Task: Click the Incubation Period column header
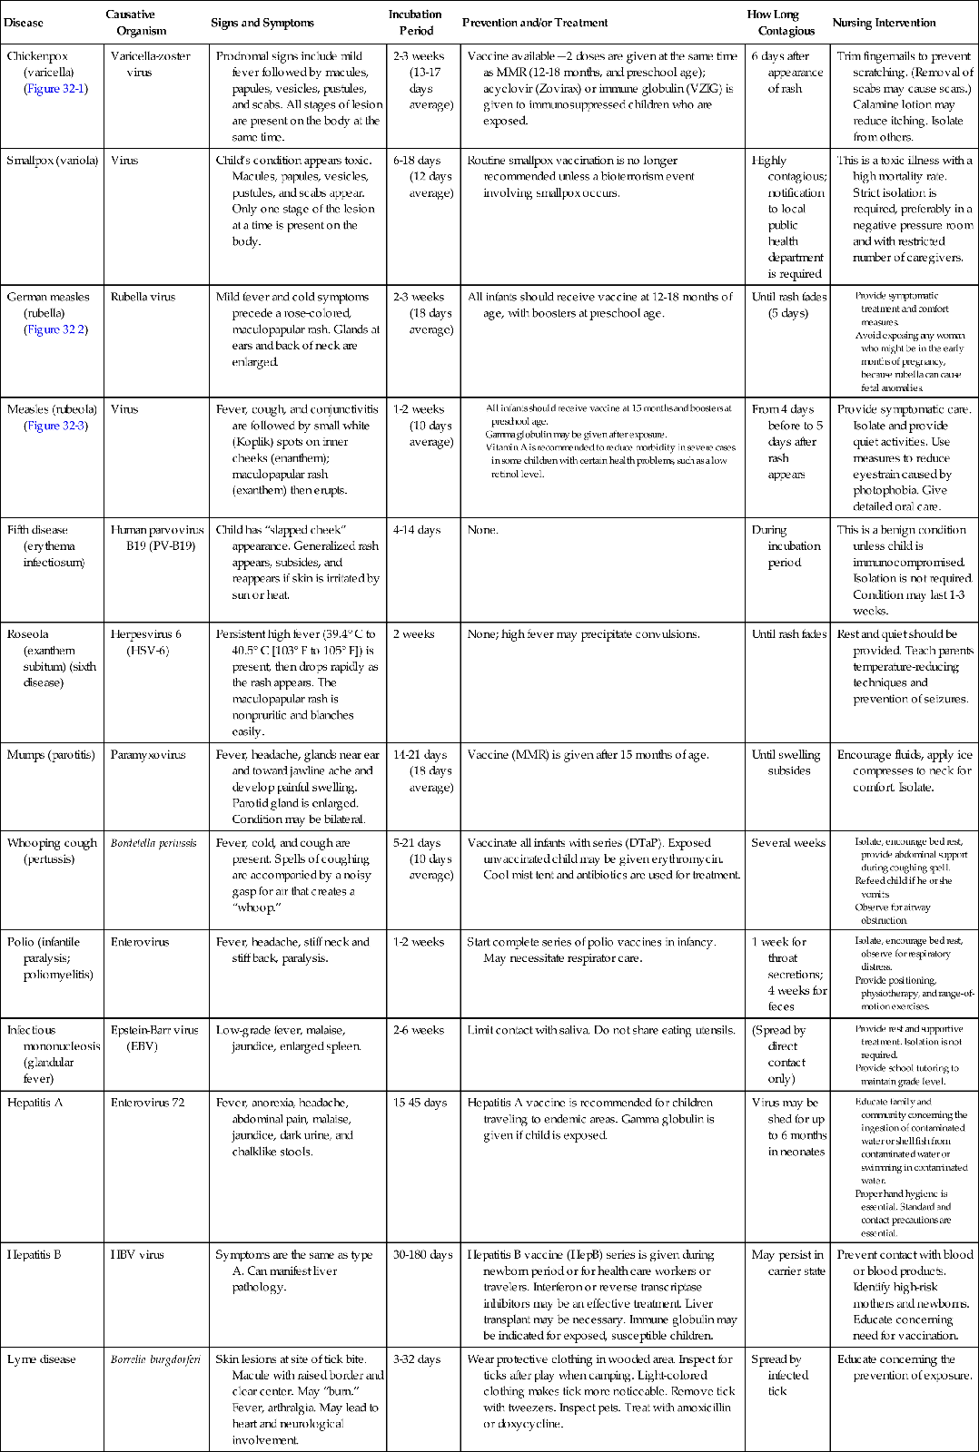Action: tap(415, 23)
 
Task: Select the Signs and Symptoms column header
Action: tap(262, 23)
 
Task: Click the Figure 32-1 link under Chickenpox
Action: tap(55, 89)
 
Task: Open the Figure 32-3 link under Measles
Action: tap(55, 426)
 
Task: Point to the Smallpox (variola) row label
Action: tap(53, 161)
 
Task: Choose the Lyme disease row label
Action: tap(42, 1359)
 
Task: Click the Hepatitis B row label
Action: tap(35, 1255)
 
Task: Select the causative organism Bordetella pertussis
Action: tap(153, 843)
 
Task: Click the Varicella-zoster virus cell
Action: tap(151, 64)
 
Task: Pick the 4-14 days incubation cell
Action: tap(417, 530)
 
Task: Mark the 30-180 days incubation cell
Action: tap(422, 1255)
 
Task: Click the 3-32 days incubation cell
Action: tap(417, 1359)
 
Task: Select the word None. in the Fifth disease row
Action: tap(482, 530)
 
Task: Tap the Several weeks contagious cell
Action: tap(788, 843)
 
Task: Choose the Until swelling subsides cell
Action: tap(786, 762)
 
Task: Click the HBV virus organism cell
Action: tap(138, 1255)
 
